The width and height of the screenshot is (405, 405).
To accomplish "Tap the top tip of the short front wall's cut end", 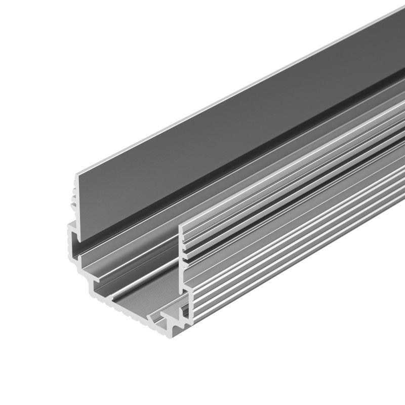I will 182,223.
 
